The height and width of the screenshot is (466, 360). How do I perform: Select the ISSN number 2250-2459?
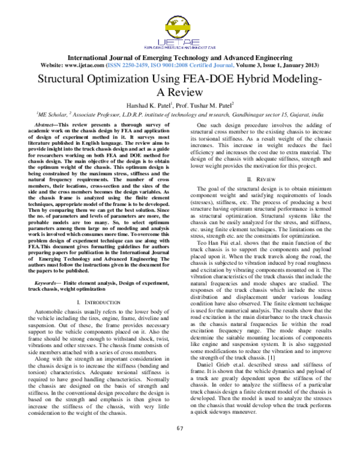[134, 64]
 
